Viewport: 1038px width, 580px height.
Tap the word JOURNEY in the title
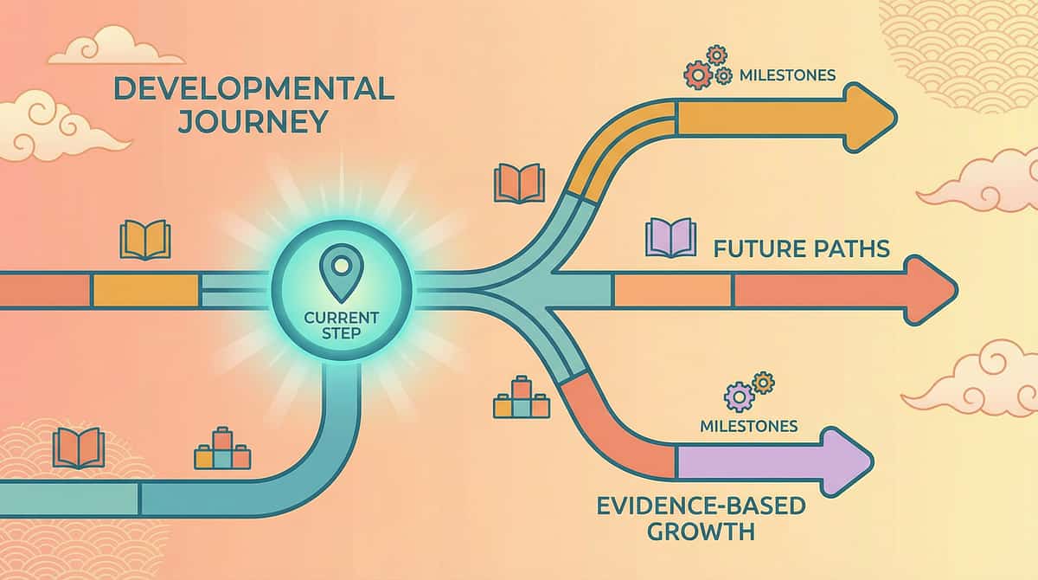tap(253, 120)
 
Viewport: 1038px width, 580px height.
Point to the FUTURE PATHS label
tap(801, 249)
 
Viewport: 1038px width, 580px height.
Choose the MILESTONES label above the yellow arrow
tap(787, 75)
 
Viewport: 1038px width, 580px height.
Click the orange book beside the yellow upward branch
tap(519, 184)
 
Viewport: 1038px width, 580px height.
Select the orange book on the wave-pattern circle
tap(79, 448)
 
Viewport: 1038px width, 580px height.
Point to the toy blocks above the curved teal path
tap(222, 448)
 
